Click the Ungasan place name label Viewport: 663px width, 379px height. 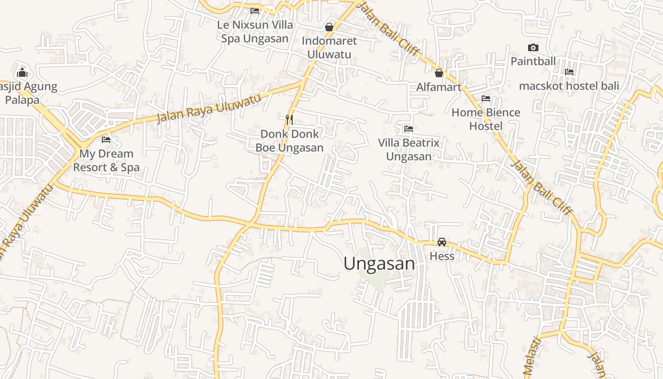pos(379,264)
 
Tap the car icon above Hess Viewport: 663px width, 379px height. pos(442,242)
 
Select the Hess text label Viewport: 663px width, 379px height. pos(442,256)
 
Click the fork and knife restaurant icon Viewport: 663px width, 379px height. pos(289,119)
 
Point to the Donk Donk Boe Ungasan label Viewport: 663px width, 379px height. pos(289,141)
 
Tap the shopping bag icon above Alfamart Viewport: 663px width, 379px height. pos(439,73)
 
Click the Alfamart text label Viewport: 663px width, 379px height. pos(439,87)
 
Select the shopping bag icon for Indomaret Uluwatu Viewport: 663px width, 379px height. pos(329,27)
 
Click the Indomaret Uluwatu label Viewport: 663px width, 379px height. pos(329,47)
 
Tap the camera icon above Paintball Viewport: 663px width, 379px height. pos(533,47)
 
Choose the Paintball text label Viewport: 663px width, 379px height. pos(533,61)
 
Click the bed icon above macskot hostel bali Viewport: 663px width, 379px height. pos(569,72)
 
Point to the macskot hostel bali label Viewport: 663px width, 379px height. pos(569,86)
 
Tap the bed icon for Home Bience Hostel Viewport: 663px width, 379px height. pos(486,99)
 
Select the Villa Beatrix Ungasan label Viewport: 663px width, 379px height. pos(409,149)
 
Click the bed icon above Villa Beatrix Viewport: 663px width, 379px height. pos(409,129)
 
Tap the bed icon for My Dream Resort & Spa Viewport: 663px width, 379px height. pos(106,140)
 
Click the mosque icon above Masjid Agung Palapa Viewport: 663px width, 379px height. pos(22,73)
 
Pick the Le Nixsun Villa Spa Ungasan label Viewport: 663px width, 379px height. pos(255,31)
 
